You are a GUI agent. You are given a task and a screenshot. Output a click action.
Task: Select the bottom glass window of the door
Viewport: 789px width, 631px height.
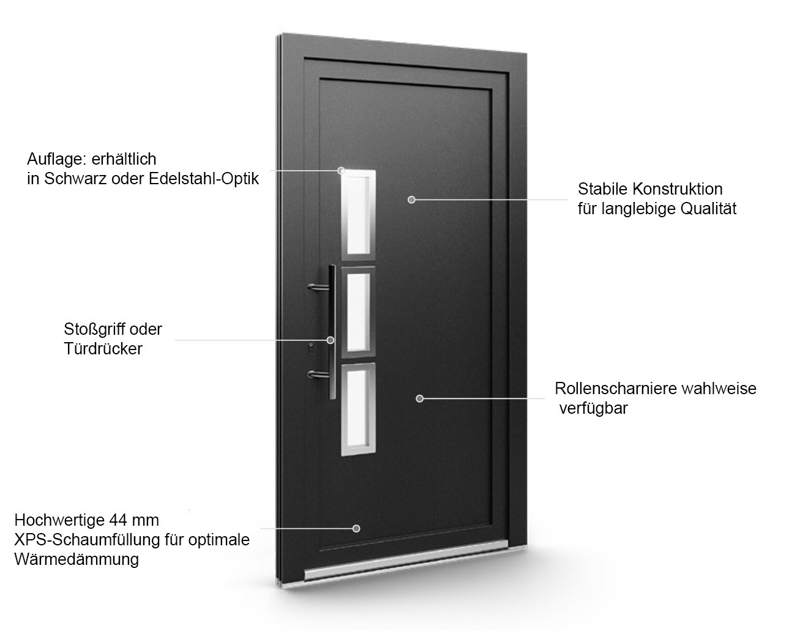point(356,410)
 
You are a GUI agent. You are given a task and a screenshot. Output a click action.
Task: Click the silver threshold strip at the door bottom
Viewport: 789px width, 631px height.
point(404,560)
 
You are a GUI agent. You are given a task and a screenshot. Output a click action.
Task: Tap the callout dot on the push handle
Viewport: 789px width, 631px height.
point(331,340)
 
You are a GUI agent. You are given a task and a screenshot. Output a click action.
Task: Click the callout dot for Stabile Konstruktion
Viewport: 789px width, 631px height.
point(411,200)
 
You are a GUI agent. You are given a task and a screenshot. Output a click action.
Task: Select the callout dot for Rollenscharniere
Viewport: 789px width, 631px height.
point(419,398)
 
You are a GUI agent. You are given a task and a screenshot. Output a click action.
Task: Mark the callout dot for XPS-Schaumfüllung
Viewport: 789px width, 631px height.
point(356,528)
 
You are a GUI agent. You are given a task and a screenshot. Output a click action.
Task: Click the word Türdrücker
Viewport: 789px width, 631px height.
point(103,349)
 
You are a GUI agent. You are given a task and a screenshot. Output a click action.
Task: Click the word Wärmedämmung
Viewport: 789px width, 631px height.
point(76,559)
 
